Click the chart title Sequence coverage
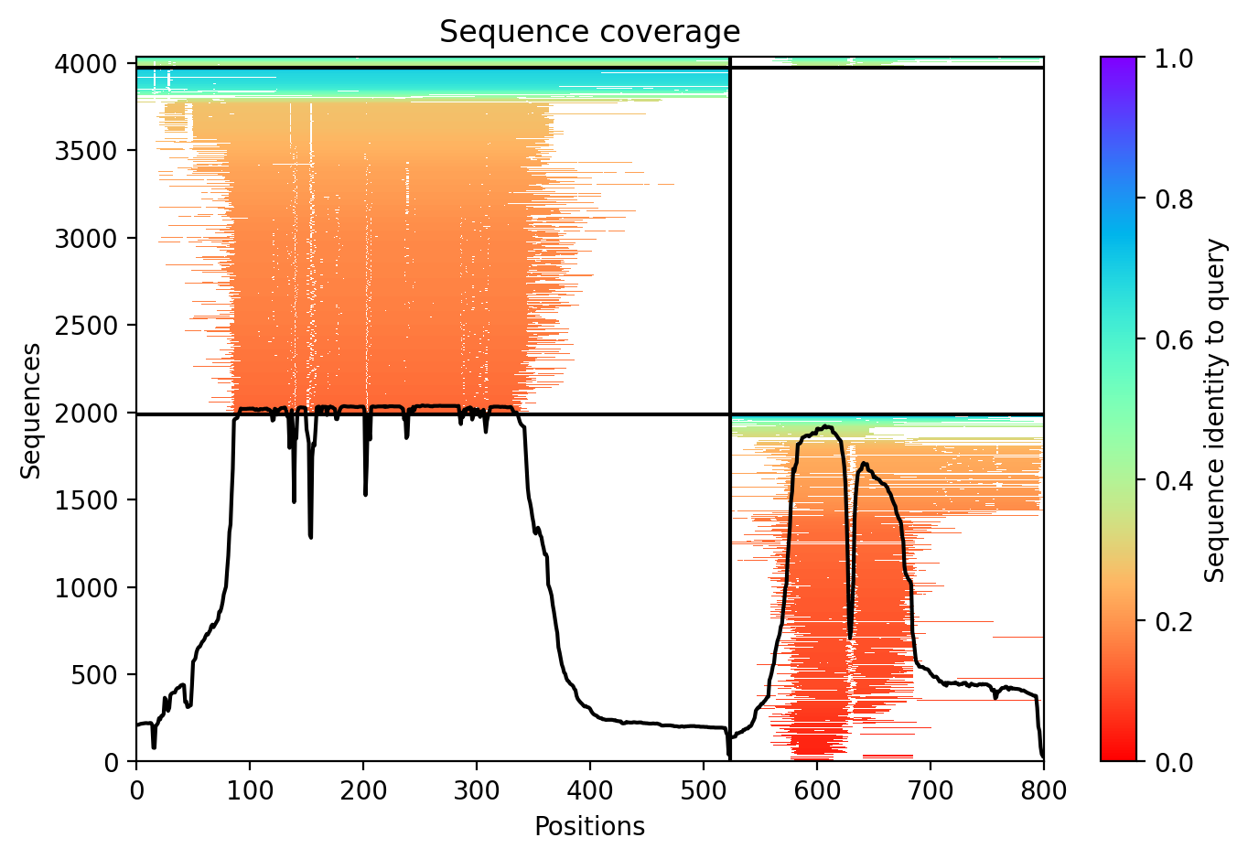[x=589, y=31]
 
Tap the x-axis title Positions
[x=589, y=827]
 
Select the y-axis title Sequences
[x=30, y=411]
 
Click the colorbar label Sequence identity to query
[x=1214, y=411]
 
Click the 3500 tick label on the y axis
[x=86, y=151]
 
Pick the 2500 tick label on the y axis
[x=86, y=326]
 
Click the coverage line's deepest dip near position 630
[x=850, y=638]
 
